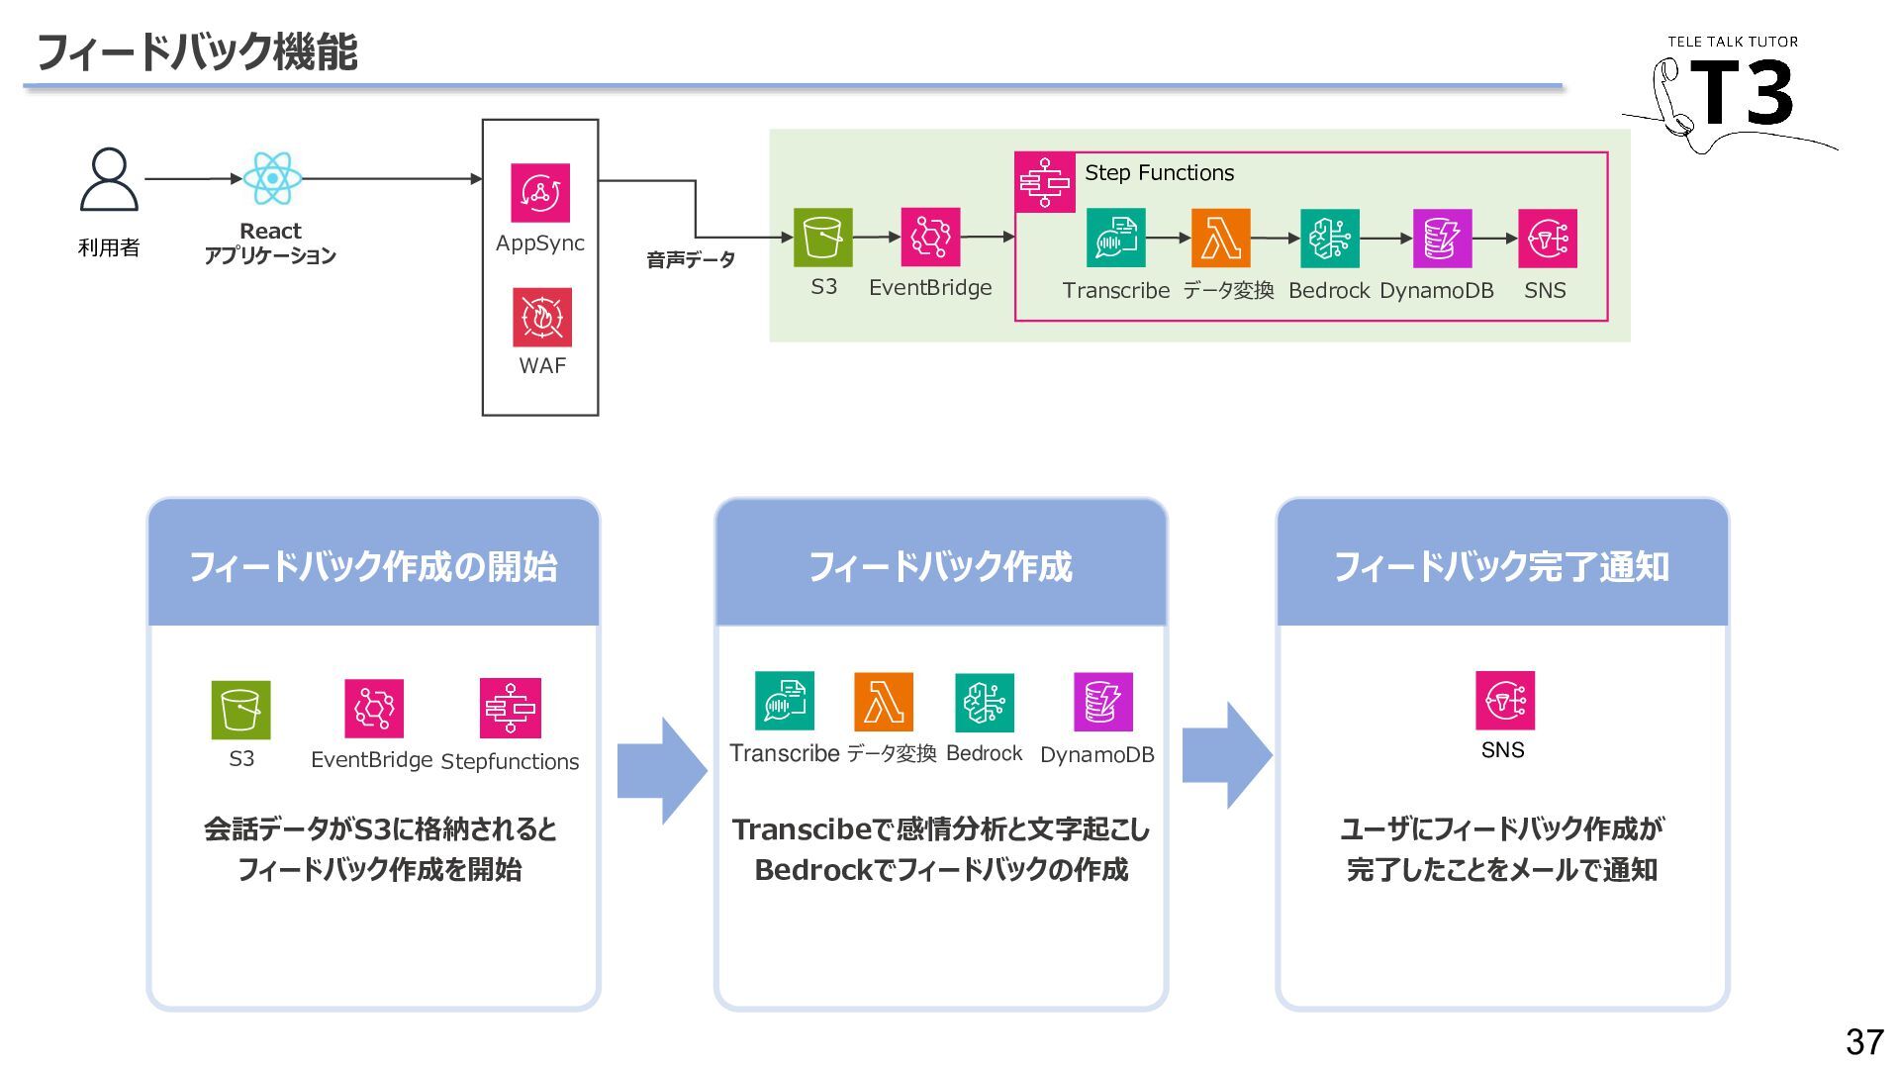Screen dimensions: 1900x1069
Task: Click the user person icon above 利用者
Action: [109, 179]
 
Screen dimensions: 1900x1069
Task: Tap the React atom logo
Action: [272, 179]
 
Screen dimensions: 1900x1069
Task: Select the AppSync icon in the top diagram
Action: [540, 192]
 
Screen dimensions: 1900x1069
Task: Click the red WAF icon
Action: [542, 317]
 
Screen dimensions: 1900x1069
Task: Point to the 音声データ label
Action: [691, 259]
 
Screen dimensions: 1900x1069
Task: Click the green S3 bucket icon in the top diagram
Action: [823, 238]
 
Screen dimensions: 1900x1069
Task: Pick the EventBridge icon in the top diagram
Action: [930, 238]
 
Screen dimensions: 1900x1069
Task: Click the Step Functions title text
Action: [1159, 173]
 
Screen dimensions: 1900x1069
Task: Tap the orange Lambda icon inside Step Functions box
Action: [1221, 239]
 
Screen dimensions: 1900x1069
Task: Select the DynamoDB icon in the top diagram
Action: [1442, 239]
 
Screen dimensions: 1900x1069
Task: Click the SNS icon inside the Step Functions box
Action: [1548, 239]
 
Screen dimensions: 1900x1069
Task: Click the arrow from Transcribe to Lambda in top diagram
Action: [1169, 239]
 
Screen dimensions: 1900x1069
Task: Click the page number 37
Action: [1864, 1041]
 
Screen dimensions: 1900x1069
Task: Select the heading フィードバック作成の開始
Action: [373, 567]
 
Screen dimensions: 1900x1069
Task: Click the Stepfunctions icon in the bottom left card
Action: [511, 708]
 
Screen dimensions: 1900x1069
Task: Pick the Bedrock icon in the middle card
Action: [985, 703]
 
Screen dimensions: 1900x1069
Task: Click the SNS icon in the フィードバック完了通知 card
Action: [1505, 701]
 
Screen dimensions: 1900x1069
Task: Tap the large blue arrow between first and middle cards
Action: [662, 771]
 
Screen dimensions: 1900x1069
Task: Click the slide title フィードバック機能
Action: [197, 51]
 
